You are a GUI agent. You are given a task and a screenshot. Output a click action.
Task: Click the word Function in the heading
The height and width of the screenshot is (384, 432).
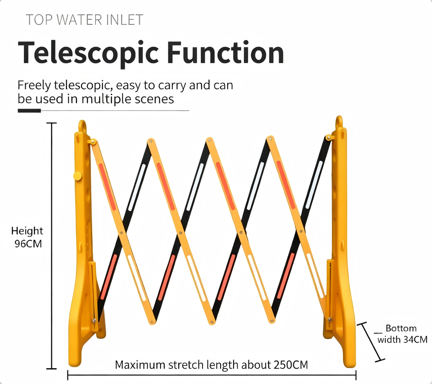(225, 52)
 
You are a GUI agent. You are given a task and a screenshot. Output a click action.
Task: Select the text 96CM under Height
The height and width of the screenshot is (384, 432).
(28, 244)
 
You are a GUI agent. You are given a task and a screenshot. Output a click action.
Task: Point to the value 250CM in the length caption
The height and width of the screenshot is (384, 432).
(291, 365)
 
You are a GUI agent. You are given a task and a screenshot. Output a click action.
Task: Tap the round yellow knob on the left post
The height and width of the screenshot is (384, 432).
(77, 176)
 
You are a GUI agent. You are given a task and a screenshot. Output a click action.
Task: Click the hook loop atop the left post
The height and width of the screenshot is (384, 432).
(82, 126)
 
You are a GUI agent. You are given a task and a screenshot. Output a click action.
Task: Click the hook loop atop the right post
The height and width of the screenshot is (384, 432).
(339, 122)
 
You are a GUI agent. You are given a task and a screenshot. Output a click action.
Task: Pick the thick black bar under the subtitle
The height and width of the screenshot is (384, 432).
(29, 110)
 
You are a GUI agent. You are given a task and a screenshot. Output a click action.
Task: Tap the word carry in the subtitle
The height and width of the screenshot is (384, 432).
(172, 86)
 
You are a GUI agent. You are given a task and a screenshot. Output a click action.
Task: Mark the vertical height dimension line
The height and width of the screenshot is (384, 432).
(51, 246)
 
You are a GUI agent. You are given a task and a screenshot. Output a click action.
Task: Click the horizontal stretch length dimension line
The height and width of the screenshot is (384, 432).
(212, 375)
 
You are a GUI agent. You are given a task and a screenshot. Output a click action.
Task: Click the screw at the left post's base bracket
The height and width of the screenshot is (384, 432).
(94, 320)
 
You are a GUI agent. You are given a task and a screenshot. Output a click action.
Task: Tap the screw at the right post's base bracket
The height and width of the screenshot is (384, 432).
(330, 320)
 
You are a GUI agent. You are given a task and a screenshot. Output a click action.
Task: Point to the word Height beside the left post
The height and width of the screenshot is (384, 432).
(27, 231)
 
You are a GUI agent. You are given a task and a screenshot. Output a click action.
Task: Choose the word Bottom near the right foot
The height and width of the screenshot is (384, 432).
(401, 328)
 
